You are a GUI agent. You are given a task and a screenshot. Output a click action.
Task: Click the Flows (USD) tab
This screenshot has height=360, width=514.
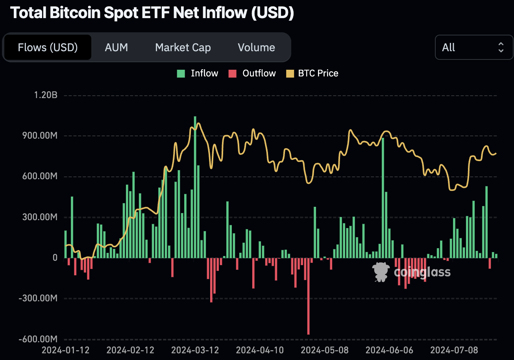tap(48, 48)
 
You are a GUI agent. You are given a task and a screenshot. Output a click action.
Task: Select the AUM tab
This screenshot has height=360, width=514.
tap(116, 48)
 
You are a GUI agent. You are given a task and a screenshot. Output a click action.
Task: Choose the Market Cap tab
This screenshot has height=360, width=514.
tap(183, 48)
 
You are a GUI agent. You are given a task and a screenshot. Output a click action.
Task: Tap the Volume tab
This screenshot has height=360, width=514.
tap(256, 48)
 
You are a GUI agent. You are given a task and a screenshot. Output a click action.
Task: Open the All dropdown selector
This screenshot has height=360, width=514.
tap(473, 47)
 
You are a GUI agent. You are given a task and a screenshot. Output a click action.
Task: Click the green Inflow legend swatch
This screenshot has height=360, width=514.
tap(181, 74)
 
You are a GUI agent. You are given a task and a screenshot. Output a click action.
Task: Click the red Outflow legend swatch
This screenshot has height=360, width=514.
tap(233, 74)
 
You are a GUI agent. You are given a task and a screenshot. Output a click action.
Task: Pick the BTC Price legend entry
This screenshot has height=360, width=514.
tap(312, 74)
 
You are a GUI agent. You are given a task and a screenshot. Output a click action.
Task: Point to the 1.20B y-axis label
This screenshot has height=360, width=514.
tap(46, 95)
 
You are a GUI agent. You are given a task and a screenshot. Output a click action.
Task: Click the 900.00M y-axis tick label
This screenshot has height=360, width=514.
tap(40, 135)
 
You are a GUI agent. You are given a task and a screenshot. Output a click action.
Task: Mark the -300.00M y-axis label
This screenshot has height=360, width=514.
tap(38, 298)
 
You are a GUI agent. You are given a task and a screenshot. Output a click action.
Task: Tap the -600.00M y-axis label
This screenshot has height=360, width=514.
tap(38, 339)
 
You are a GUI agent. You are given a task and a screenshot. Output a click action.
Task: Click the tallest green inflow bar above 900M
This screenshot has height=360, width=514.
tap(195, 187)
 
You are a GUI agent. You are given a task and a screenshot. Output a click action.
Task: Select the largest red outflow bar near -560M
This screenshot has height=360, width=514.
tap(309, 296)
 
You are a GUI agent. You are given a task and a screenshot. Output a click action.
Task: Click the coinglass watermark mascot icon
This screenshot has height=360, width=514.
tap(381, 272)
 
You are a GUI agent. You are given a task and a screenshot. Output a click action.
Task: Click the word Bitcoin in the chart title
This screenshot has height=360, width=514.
tap(75, 13)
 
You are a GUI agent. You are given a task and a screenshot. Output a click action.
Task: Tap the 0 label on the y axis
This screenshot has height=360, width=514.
tap(55, 258)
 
